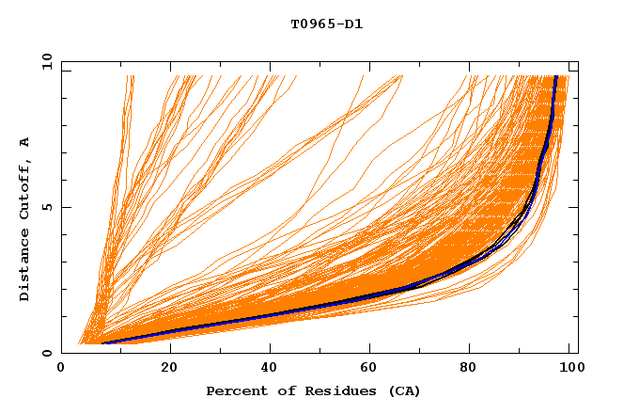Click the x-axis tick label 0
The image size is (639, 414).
[61, 369]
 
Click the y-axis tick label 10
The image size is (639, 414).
[46, 61]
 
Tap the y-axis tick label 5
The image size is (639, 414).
[50, 207]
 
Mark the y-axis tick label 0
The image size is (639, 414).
[50, 353]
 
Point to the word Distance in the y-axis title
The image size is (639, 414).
[25, 268]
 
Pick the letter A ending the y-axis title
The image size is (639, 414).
[25, 141]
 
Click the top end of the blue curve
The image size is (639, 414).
[556, 77]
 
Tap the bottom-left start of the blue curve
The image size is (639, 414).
[102, 342]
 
